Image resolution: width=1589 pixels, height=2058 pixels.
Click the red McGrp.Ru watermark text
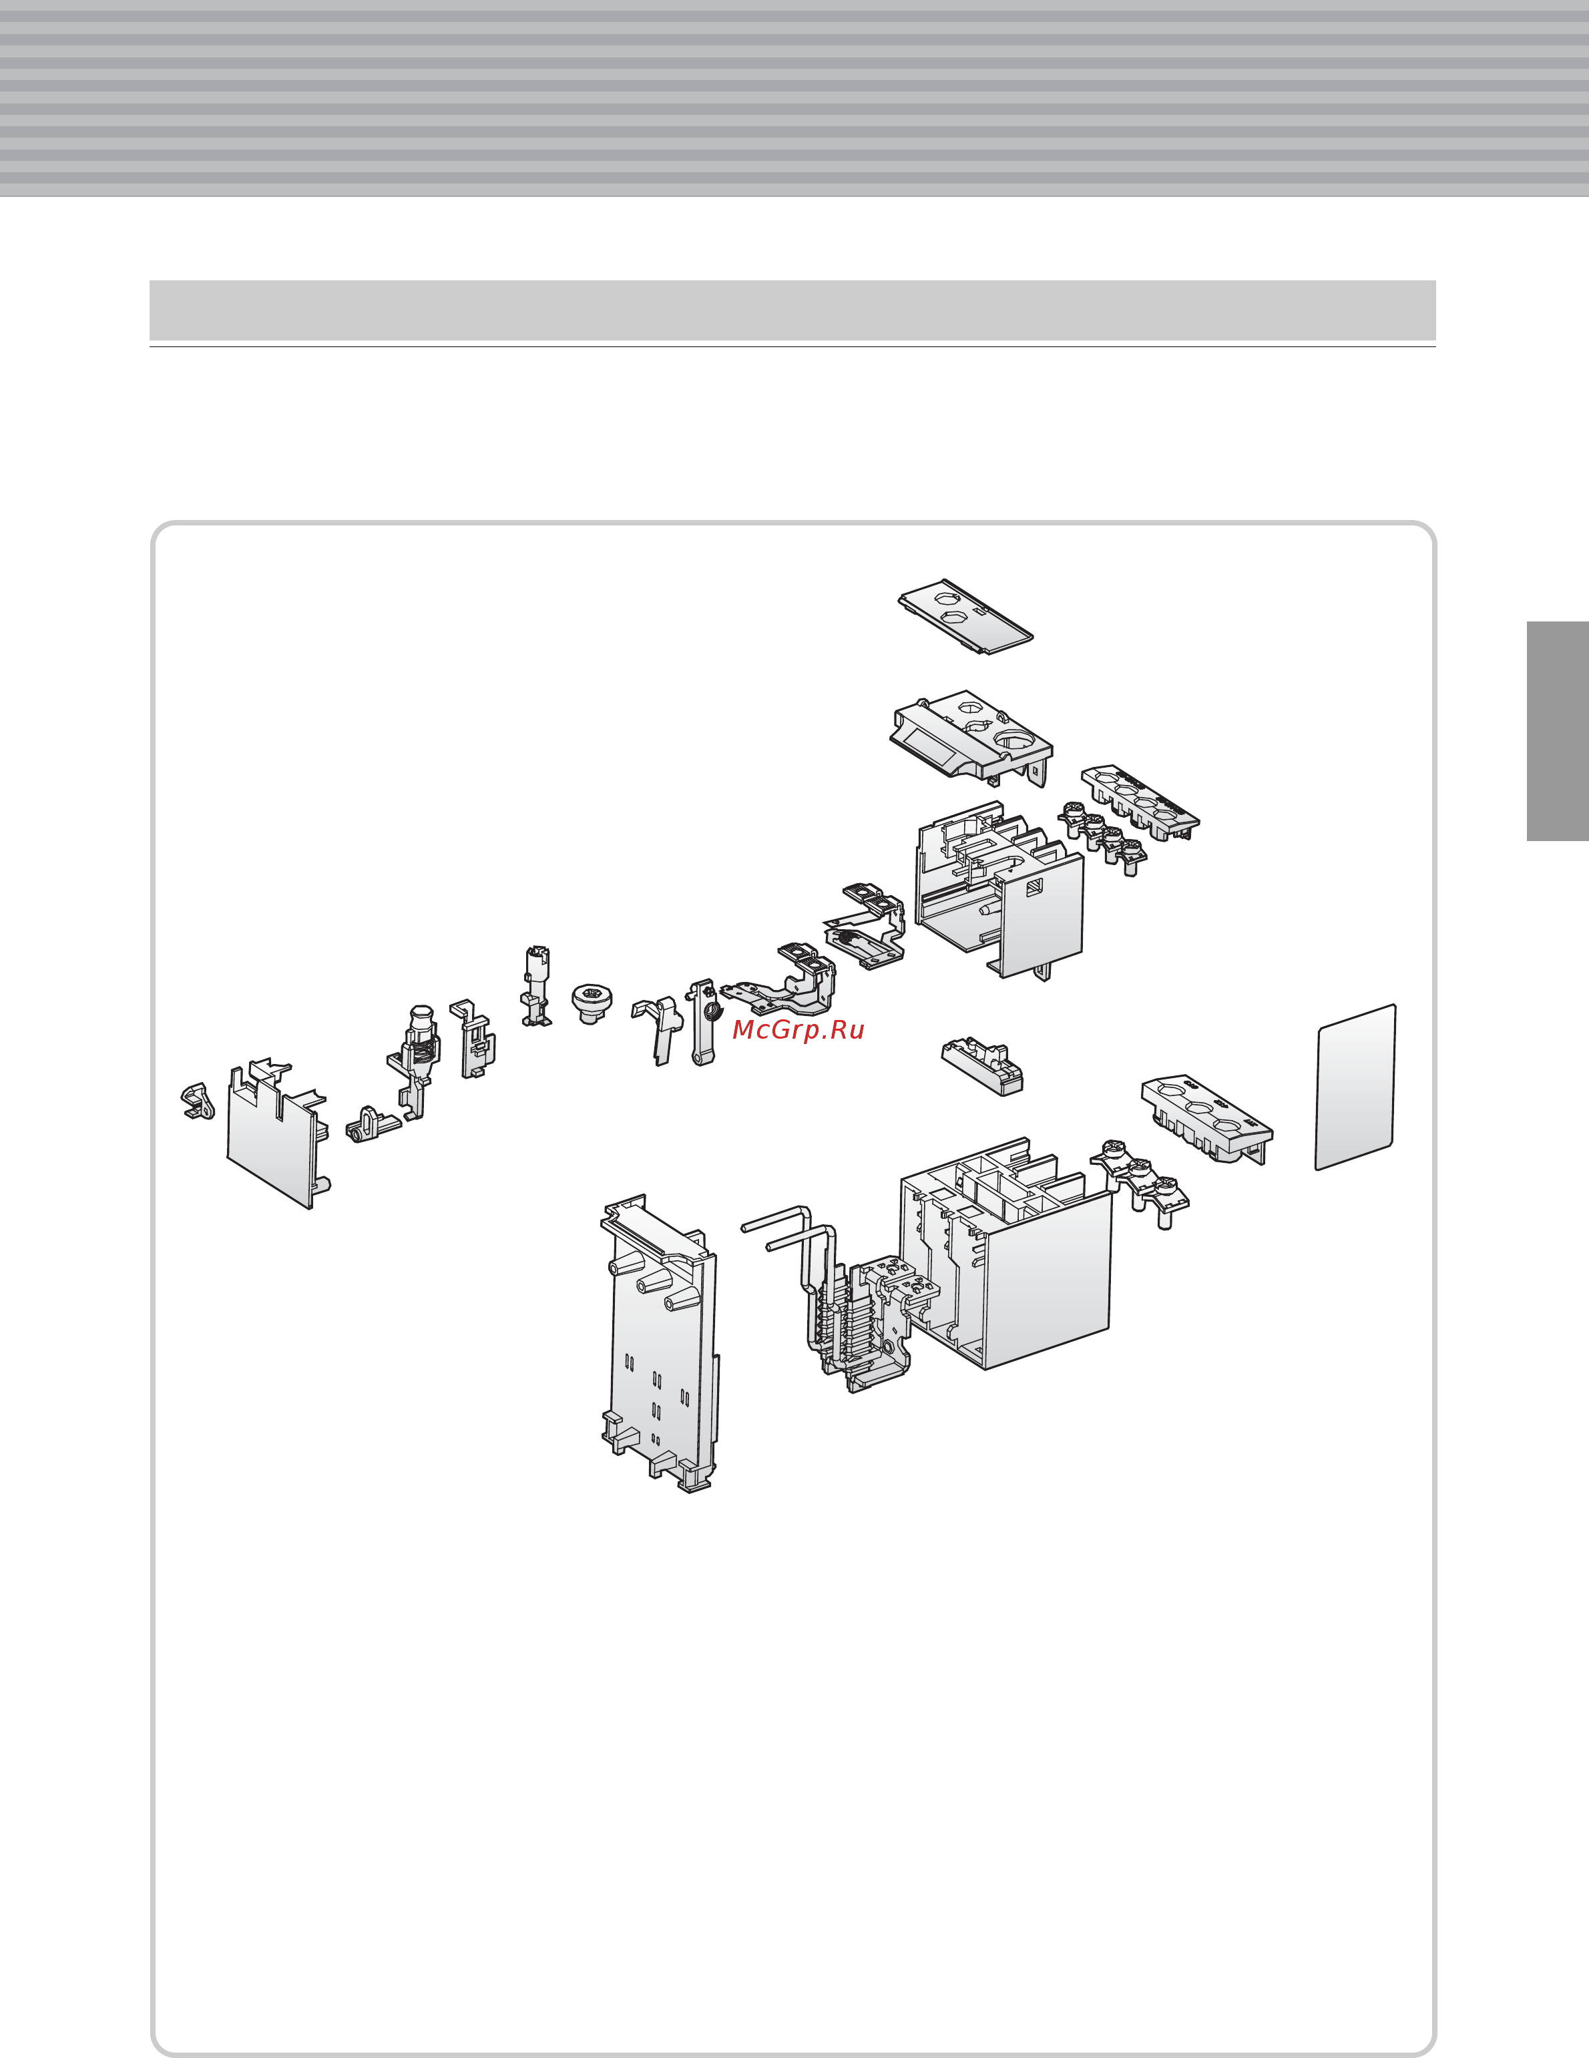[x=799, y=1030]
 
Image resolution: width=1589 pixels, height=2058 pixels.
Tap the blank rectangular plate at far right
[x=1355, y=1087]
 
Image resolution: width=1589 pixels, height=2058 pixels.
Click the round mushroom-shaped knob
[x=591, y=1003]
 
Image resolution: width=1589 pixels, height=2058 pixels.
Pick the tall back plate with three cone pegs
[x=660, y=1344]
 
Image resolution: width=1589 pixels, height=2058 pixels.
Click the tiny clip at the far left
[x=198, y=1101]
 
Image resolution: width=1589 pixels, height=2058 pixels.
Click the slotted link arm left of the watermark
[x=701, y=1023]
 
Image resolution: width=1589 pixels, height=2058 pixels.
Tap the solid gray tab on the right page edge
[x=1557, y=730]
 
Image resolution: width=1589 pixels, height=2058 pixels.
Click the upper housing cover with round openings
[x=971, y=735]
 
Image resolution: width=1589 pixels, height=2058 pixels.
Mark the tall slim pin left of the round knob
[x=535, y=987]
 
